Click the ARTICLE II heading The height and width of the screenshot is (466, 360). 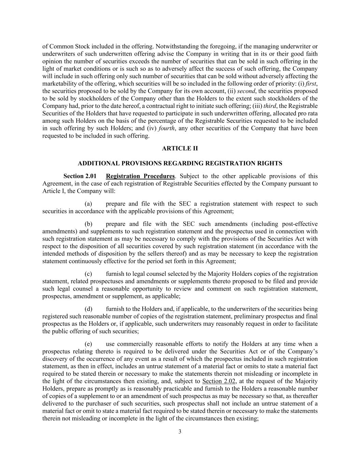point(180,148)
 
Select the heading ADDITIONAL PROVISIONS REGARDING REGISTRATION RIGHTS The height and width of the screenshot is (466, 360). point(180,163)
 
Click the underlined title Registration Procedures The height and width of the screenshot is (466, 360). point(140,176)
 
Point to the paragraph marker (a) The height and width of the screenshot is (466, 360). point(88,204)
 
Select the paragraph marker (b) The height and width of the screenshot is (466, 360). point(88,224)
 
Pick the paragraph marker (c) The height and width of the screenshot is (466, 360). point(88,274)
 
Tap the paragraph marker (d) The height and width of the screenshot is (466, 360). point(88,309)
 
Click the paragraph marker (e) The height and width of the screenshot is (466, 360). point(88,344)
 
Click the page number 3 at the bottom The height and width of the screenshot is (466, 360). point(180,432)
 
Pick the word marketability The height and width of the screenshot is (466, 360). point(59,84)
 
